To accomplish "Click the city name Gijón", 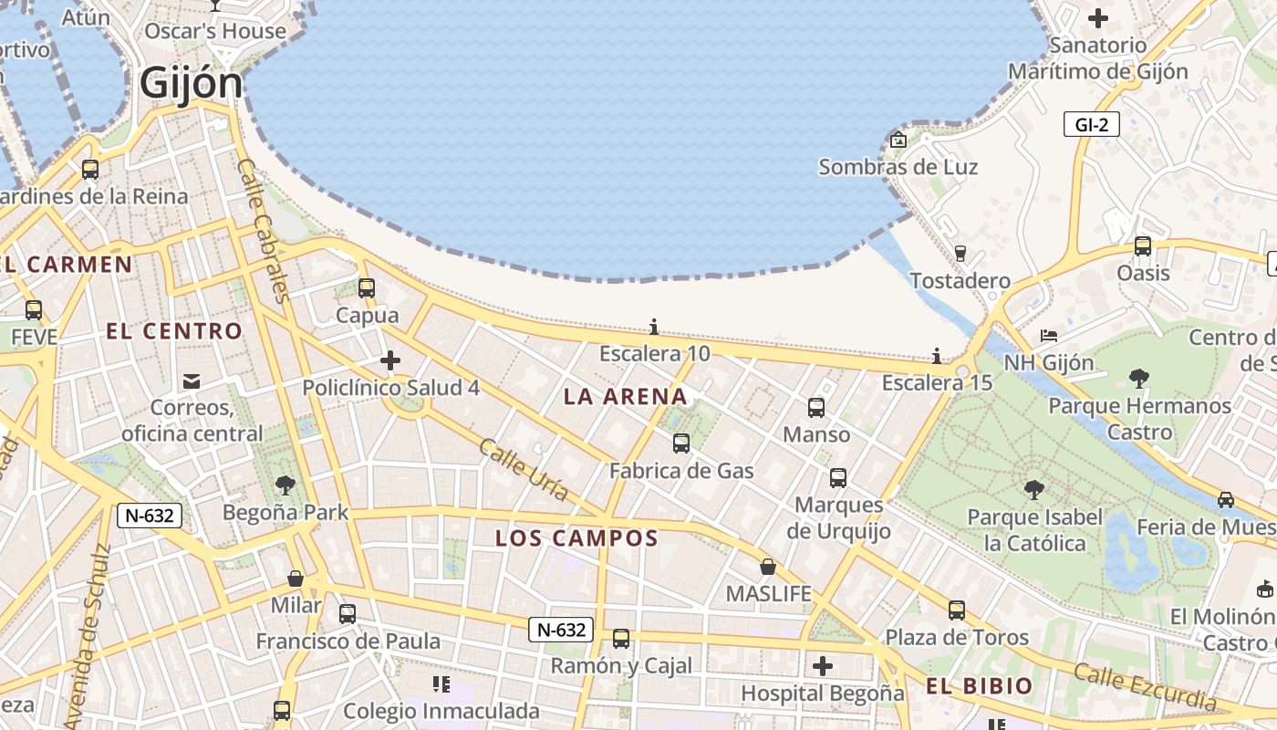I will pos(192,84).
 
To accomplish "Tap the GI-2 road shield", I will pos(1091,125).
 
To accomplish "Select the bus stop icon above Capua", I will pos(367,288).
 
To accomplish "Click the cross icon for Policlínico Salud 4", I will pos(390,360).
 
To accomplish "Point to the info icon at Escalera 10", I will pos(653,327).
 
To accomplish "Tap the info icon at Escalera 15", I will pos(936,356).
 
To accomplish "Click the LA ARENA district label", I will pos(625,396).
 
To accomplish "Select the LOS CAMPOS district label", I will pos(576,538).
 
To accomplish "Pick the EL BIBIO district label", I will pos(980,686).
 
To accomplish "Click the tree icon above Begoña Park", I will pos(286,485).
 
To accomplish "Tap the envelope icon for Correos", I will pos(192,381).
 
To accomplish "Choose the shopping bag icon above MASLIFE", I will pos(768,567).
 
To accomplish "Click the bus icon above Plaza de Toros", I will pos(956,610).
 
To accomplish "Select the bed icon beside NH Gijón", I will pos(1049,336).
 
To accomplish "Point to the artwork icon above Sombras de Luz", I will pos(898,140).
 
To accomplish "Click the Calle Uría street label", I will pos(524,470).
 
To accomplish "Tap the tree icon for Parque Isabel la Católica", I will pos(1033,490).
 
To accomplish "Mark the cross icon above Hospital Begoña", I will pos(822,666).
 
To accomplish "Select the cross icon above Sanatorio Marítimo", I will pos(1098,18).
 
